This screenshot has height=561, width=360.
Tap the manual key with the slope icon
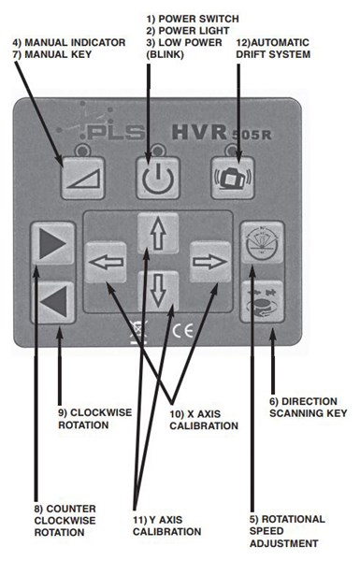(79, 176)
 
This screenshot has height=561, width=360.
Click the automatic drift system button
(232, 176)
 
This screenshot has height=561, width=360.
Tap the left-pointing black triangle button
(50, 300)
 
